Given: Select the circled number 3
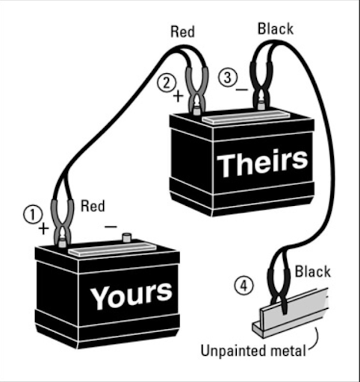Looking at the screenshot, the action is point(228,78).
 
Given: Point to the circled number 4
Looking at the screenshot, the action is point(243,286).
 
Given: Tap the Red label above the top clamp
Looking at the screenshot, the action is point(182,32).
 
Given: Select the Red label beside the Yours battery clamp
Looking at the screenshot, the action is point(93,206).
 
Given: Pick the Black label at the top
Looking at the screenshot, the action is point(276,29).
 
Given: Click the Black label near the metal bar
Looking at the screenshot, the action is point(313,272).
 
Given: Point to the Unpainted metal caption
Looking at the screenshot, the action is point(253,351).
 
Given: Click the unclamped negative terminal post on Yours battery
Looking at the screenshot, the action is point(127,237).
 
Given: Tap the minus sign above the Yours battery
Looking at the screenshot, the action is point(111,227).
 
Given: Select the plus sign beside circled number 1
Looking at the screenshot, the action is point(43,228).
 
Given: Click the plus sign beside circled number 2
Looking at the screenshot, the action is point(178,96).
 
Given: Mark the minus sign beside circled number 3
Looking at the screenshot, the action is point(242,90).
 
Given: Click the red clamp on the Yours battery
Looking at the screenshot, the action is point(62,222).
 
